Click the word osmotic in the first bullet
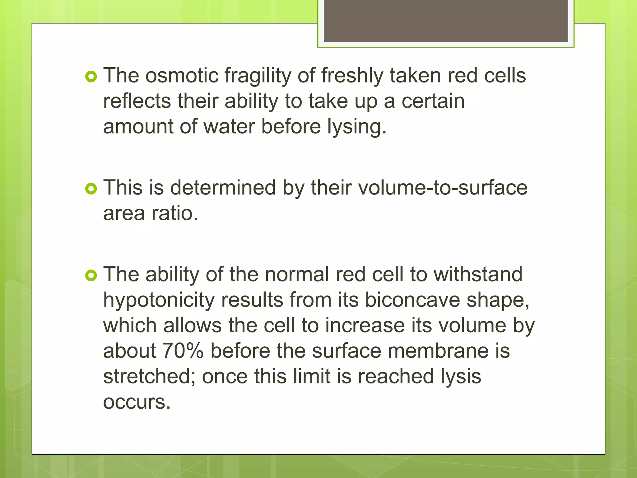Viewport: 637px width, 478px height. [x=182, y=76]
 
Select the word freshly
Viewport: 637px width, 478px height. [x=352, y=76]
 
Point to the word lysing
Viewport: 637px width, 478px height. [x=356, y=127]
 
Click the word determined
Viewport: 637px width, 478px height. [x=223, y=188]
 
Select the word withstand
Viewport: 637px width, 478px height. [x=478, y=274]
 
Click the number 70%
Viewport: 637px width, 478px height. [x=183, y=351]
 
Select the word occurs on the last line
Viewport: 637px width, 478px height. [x=137, y=402]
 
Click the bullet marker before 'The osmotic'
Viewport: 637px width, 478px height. [x=91, y=77]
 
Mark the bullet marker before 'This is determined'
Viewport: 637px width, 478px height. [x=91, y=189]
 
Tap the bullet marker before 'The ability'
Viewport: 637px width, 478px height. [x=91, y=275]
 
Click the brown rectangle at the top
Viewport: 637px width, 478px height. [x=446, y=21]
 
